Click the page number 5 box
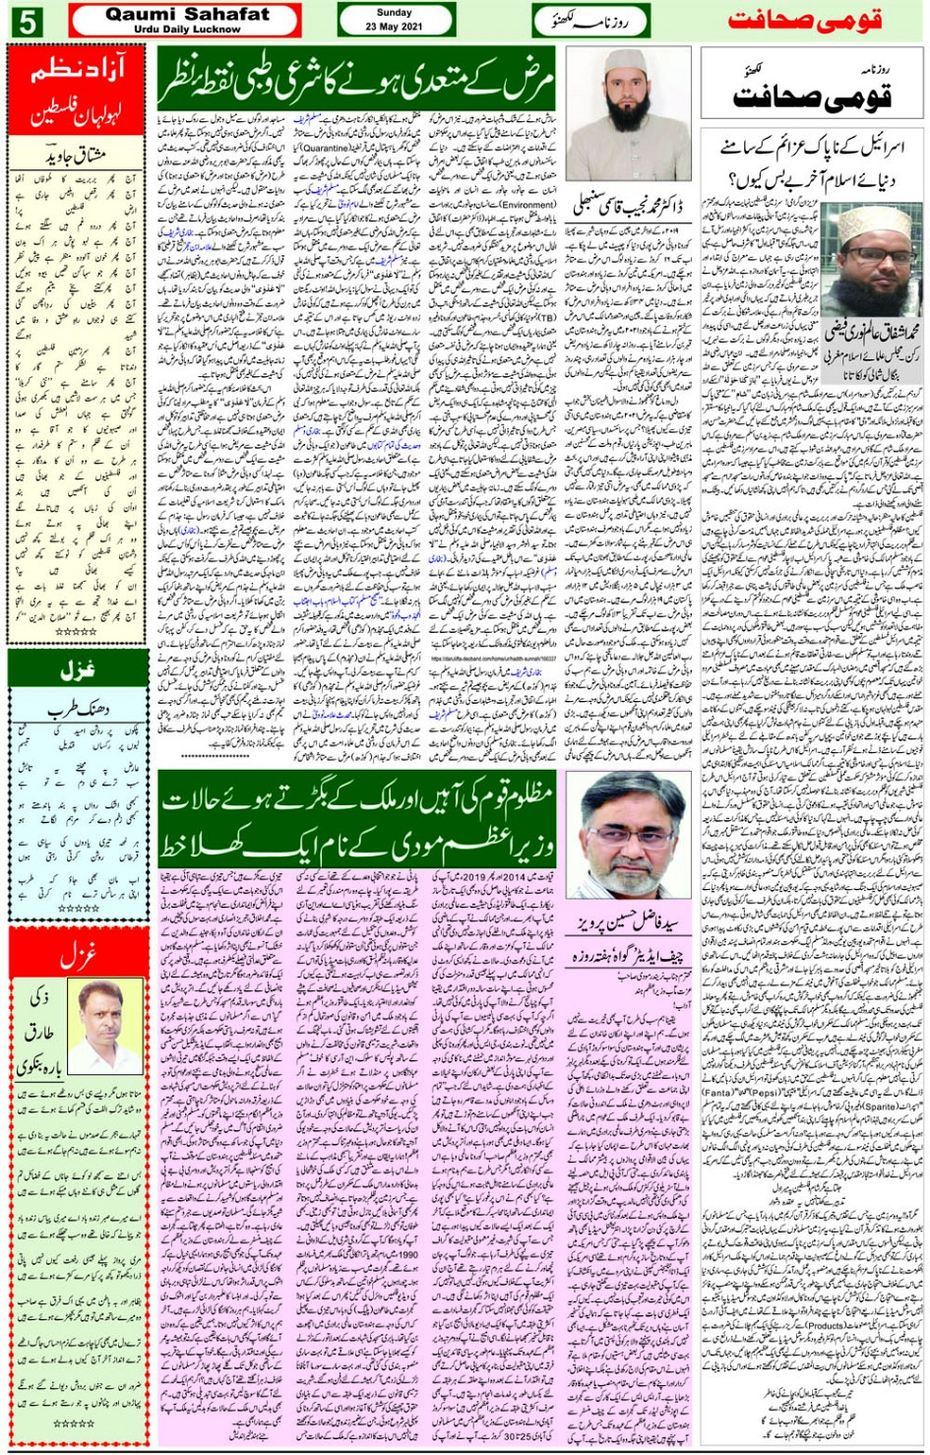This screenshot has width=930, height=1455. [27, 20]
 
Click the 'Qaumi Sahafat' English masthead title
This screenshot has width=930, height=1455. [186, 14]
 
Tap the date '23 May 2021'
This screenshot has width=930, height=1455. [394, 27]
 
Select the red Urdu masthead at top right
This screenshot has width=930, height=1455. [804, 20]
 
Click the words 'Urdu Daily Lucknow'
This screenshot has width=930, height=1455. [186, 30]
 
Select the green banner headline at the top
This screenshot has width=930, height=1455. [356, 82]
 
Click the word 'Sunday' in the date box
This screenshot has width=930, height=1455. [394, 13]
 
